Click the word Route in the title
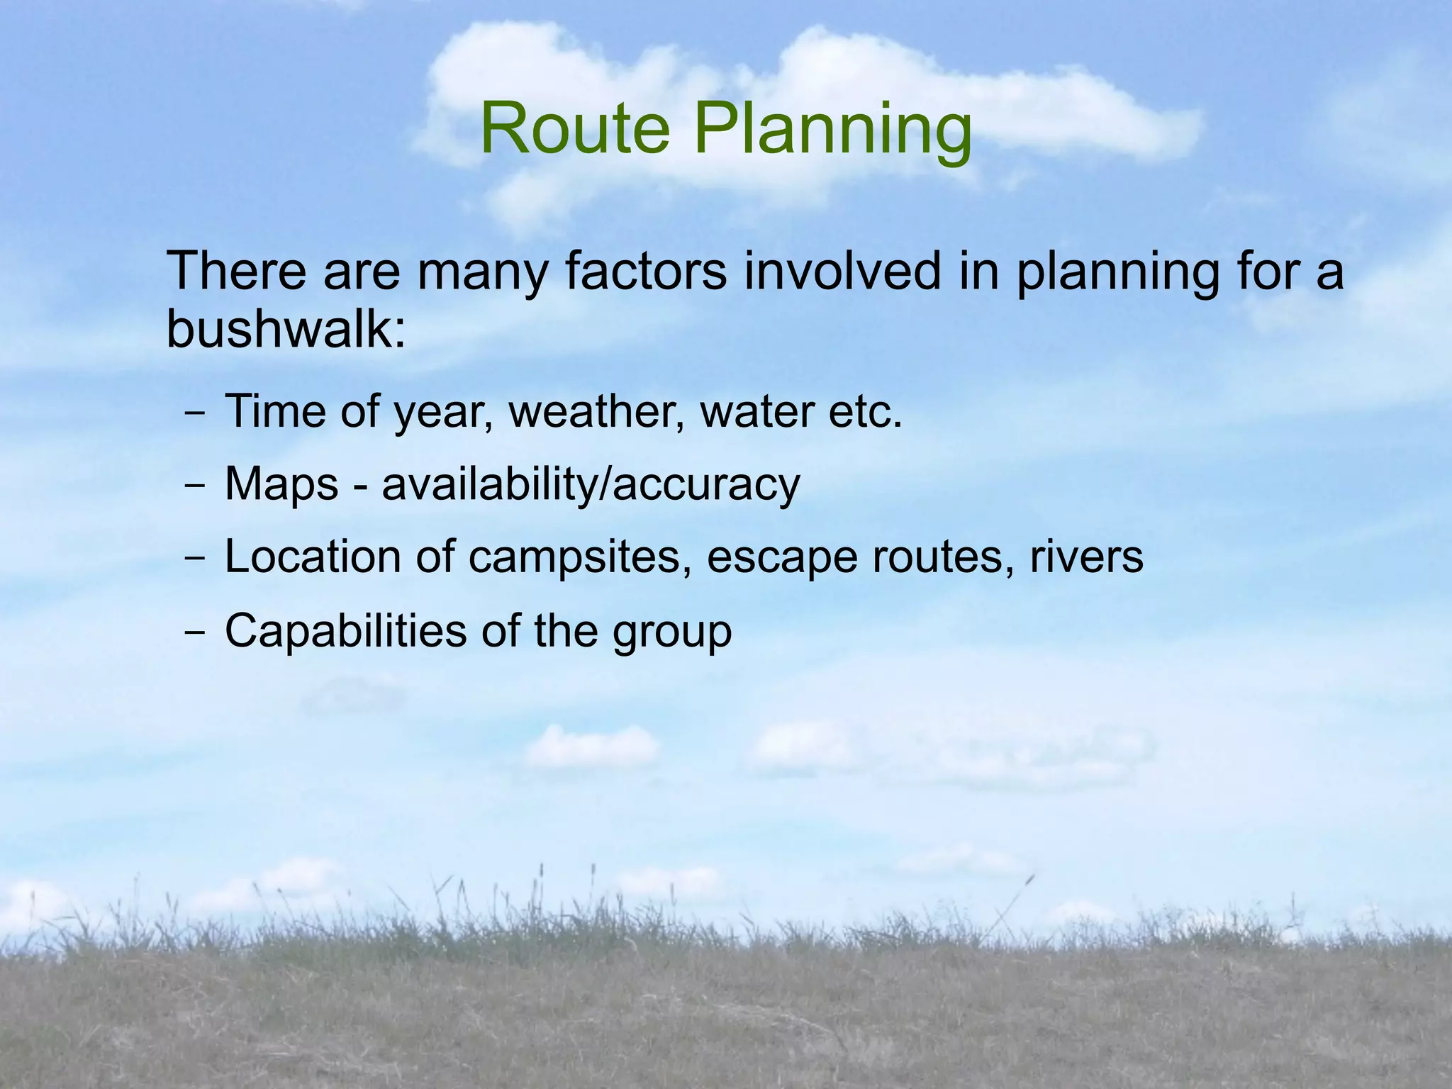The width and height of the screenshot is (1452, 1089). pyautogui.click(x=574, y=129)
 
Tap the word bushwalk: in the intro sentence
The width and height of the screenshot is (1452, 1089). pyautogui.click(x=286, y=329)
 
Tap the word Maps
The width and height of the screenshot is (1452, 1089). pyautogui.click(x=281, y=485)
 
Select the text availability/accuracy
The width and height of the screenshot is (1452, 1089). pyautogui.click(x=591, y=485)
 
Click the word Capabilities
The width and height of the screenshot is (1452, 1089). pyautogui.click(x=345, y=631)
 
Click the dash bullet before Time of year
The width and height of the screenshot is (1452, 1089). pyautogui.click(x=194, y=413)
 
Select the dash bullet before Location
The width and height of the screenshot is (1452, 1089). pyautogui.click(x=194, y=559)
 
